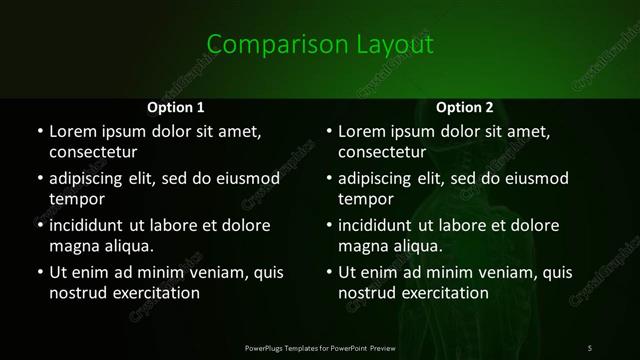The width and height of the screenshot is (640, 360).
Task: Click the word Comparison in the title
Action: coord(264,44)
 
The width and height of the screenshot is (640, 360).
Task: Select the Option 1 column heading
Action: coord(176,107)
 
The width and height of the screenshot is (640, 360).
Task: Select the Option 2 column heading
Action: coord(465,107)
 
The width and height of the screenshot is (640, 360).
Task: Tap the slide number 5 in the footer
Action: coord(590,347)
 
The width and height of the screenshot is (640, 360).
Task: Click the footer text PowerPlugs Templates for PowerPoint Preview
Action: coord(320,347)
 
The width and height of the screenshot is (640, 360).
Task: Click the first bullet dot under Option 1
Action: coord(40,131)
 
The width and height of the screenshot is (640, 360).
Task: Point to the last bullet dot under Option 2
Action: coord(329,272)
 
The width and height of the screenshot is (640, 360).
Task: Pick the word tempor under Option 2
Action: coord(366,199)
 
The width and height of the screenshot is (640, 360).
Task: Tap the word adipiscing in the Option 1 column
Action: coord(92,178)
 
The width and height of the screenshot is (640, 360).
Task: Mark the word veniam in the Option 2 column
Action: coord(490,272)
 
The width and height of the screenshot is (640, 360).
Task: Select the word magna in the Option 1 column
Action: coord(73,246)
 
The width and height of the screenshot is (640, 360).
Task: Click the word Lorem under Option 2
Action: coord(362,131)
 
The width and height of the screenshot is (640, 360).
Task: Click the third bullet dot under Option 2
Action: coord(329,225)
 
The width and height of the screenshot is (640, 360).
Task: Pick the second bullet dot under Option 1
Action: coord(40,178)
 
